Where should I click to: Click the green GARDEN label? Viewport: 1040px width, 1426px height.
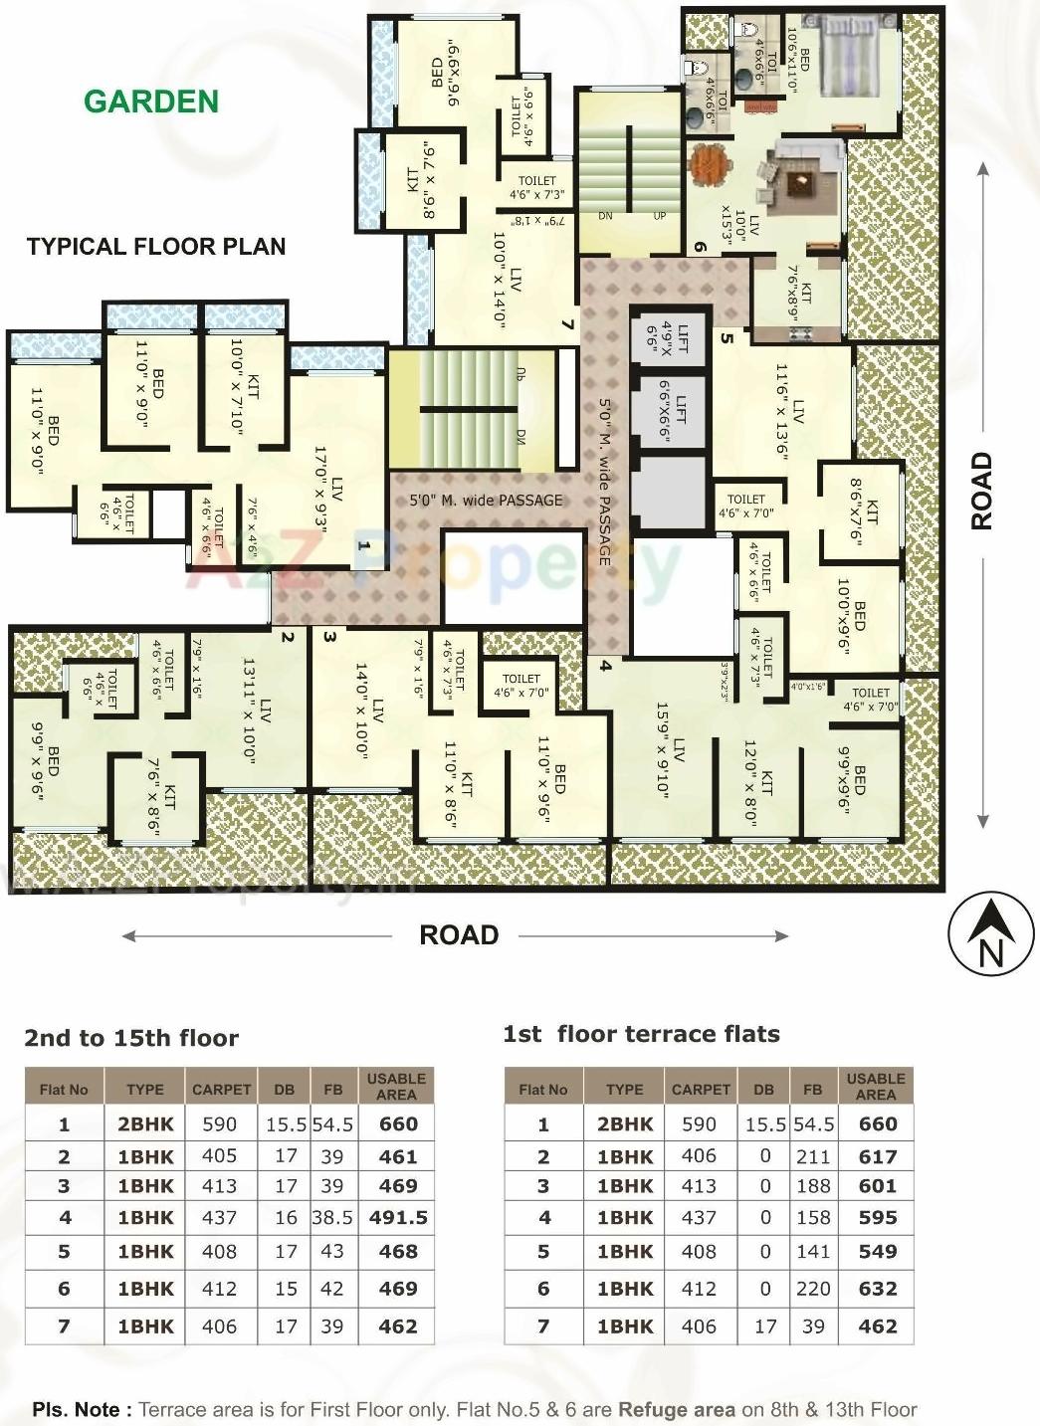coord(151,102)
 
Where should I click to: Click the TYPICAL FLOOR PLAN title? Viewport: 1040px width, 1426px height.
coord(156,247)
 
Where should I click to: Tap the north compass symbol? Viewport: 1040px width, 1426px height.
coord(989,936)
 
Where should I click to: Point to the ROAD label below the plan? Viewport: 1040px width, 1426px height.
coord(459,935)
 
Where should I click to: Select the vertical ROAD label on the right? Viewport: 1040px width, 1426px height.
coord(982,491)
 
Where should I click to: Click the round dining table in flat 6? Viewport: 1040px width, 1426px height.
coord(710,162)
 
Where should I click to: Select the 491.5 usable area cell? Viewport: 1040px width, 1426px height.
coord(397,1217)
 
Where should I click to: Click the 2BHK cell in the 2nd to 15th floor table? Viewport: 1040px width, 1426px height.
coord(145,1124)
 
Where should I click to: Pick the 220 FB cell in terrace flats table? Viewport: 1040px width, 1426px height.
coord(812,1289)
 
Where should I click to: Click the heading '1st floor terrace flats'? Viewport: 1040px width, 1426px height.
coord(641,1034)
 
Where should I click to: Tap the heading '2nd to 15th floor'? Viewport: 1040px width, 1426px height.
coord(131,1038)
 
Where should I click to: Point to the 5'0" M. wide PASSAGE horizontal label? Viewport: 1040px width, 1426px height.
coord(486,501)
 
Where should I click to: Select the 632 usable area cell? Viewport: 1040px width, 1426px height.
coord(877,1289)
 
